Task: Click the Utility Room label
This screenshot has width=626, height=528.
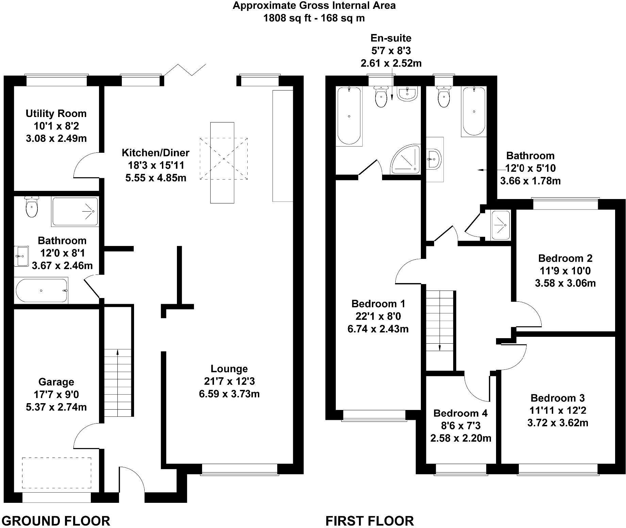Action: [56, 113]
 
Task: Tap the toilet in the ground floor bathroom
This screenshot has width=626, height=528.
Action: [32, 207]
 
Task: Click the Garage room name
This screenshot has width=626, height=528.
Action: [56, 382]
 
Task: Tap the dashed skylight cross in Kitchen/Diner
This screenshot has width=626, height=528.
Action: [224, 159]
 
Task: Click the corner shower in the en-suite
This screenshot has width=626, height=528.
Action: [406, 160]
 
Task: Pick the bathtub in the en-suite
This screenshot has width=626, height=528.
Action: [349, 116]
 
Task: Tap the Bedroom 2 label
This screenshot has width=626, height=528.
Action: [565, 258]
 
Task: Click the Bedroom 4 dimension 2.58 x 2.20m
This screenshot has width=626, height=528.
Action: [461, 438]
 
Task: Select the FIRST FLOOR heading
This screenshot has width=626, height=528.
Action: [369, 521]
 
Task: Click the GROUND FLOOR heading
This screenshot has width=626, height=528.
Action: [56, 521]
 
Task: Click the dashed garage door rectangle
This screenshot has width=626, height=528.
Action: [56, 473]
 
